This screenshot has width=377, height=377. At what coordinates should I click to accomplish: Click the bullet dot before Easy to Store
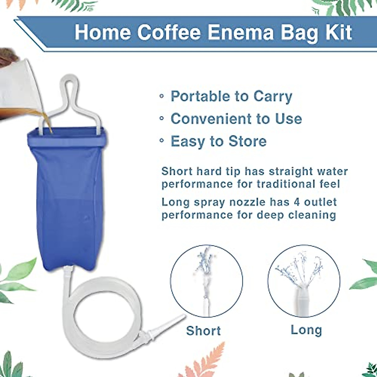(161, 142)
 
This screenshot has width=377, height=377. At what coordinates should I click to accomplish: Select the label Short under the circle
(203, 331)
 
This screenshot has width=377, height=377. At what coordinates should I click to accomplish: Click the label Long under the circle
(306, 330)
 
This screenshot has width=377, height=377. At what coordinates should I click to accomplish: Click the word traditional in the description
(284, 184)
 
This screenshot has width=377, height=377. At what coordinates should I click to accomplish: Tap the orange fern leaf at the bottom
(209, 358)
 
